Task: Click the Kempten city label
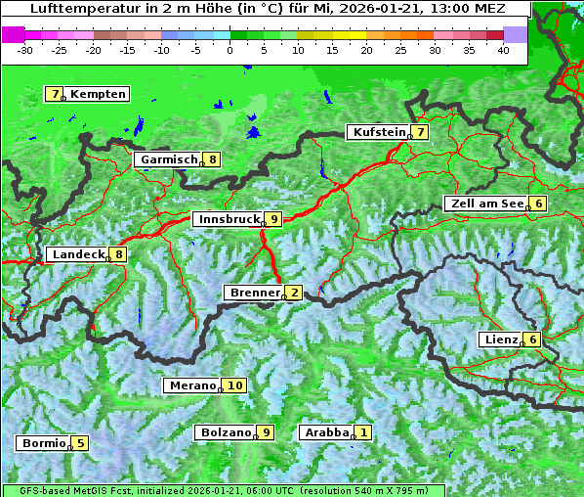click(x=98, y=94)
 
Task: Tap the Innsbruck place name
click(x=227, y=219)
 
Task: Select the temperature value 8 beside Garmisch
click(x=212, y=159)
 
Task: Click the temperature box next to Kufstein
click(x=420, y=132)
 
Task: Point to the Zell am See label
click(x=484, y=203)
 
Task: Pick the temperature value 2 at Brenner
click(x=294, y=292)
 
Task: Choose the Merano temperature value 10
click(x=234, y=385)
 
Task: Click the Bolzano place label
click(x=225, y=432)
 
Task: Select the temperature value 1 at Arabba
click(x=363, y=432)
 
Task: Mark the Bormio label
click(x=43, y=443)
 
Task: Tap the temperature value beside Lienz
click(x=531, y=339)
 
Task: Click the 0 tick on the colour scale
click(x=230, y=49)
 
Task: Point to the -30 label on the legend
click(x=26, y=49)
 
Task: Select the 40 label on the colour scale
click(x=503, y=49)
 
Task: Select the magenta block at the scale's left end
click(x=13, y=34)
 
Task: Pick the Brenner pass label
click(x=253, y=293)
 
